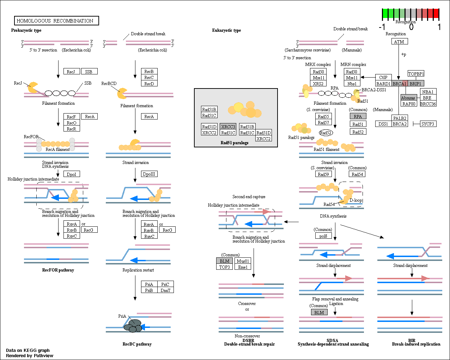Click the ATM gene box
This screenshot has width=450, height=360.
point(400,41)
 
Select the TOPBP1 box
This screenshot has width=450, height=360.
point(416,74)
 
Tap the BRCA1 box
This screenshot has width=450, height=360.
point(400,84)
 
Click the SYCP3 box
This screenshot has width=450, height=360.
point(428,124)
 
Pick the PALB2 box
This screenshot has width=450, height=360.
point(400,118)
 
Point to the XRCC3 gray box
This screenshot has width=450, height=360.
point(228,127)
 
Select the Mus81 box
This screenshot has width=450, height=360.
point(243,261)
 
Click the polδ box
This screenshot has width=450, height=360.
point(323,236)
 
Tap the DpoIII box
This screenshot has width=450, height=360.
point(149,174)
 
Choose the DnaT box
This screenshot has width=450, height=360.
point(165,290)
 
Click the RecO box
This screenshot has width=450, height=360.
point(72,123)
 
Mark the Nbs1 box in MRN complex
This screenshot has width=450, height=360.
point(352,84)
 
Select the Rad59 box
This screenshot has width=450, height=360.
point(323,174)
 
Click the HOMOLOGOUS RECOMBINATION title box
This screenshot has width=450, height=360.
point(56,21)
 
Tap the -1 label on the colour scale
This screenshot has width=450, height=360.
point(382,27)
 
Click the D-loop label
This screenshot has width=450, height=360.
point(356,200)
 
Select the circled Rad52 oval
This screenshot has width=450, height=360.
point(326,133)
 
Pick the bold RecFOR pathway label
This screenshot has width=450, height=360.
point(58,270)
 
